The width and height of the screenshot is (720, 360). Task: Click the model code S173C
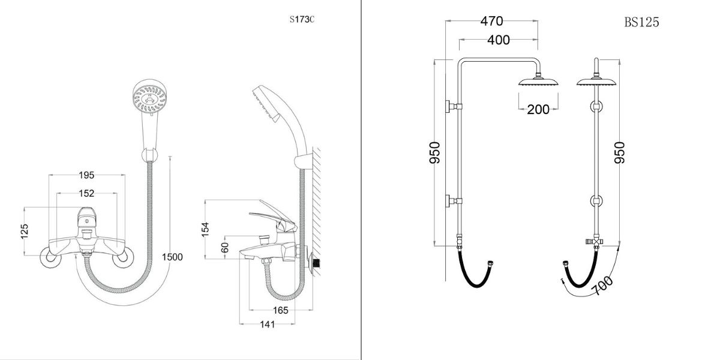pyautogui.click(x=302, y=19)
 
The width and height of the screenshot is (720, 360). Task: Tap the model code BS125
pyautogui.click(x=641, y=23)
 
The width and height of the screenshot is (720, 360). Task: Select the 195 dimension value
pyautogui.click(x=87, y=175)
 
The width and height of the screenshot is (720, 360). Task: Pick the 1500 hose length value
pyautogui.click(x=172, y=257)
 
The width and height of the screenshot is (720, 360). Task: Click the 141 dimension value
pyautogui.click(x=267, y=325)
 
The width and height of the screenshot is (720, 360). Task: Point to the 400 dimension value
pyautogui.click(x=498, y=40)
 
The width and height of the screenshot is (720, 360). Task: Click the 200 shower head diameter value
pyautogui.click(x=538, y=109)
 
